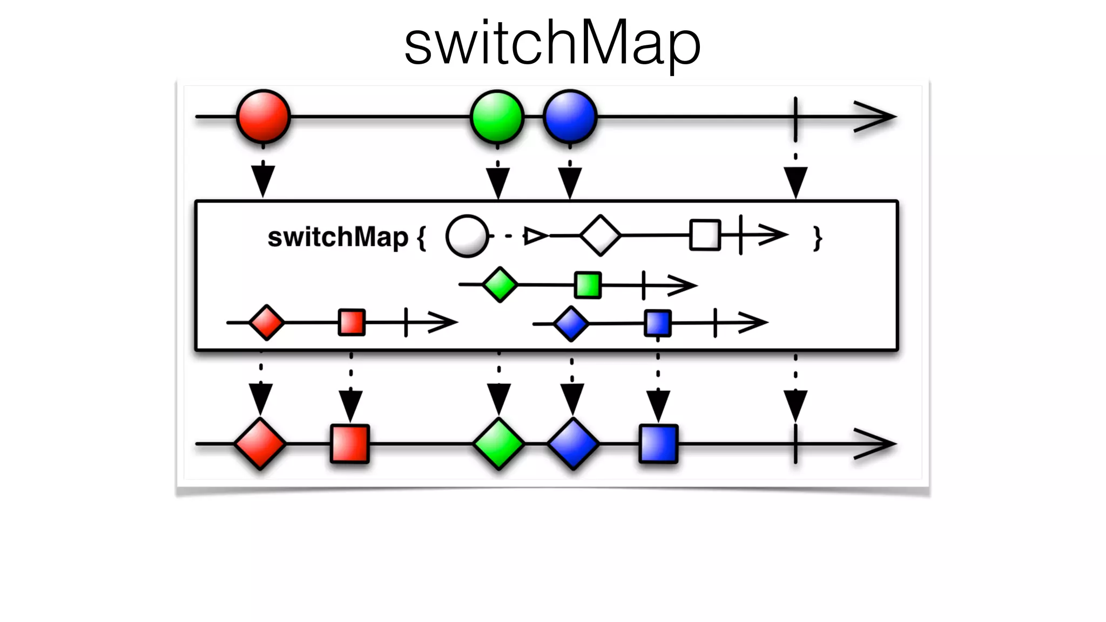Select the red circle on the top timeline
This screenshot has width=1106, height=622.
pos(264,117)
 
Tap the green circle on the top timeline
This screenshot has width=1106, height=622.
pos(497,117)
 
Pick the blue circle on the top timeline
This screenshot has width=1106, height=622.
pos(570,117)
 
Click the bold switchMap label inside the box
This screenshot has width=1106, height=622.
pos(338,237)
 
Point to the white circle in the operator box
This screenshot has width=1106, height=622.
pos(467,236)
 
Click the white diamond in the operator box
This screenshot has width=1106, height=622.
pos(600,235)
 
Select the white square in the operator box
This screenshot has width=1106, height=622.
pos(705,235)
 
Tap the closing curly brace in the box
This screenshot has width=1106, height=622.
pos(818,238)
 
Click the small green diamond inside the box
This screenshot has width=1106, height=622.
pos(500,285)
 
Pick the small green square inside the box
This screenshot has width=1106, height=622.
pos(588,285)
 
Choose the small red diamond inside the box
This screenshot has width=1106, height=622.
pos(266,322)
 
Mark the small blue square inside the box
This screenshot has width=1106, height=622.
pos(658,323)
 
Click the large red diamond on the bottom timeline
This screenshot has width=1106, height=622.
pos(260,444)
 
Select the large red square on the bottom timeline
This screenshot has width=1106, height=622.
pos(350,444)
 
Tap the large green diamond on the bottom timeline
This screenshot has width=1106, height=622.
pos(498,444)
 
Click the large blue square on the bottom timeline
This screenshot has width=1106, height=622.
pos(658,444)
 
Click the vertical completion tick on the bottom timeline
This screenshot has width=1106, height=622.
pos(795,444)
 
